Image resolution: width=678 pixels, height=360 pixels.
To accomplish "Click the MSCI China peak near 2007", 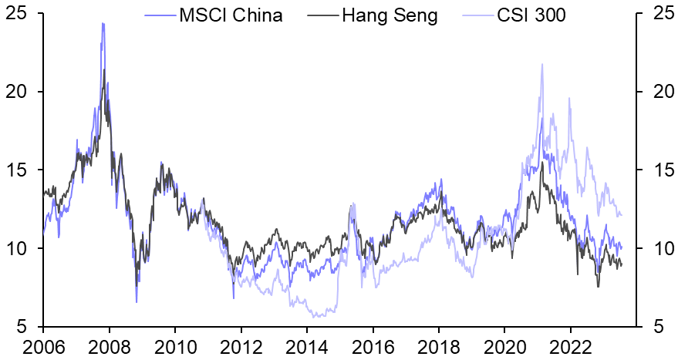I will click(x=103, y=23).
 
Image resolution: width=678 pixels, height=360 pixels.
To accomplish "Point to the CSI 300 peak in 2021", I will click(x=542, y=64).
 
